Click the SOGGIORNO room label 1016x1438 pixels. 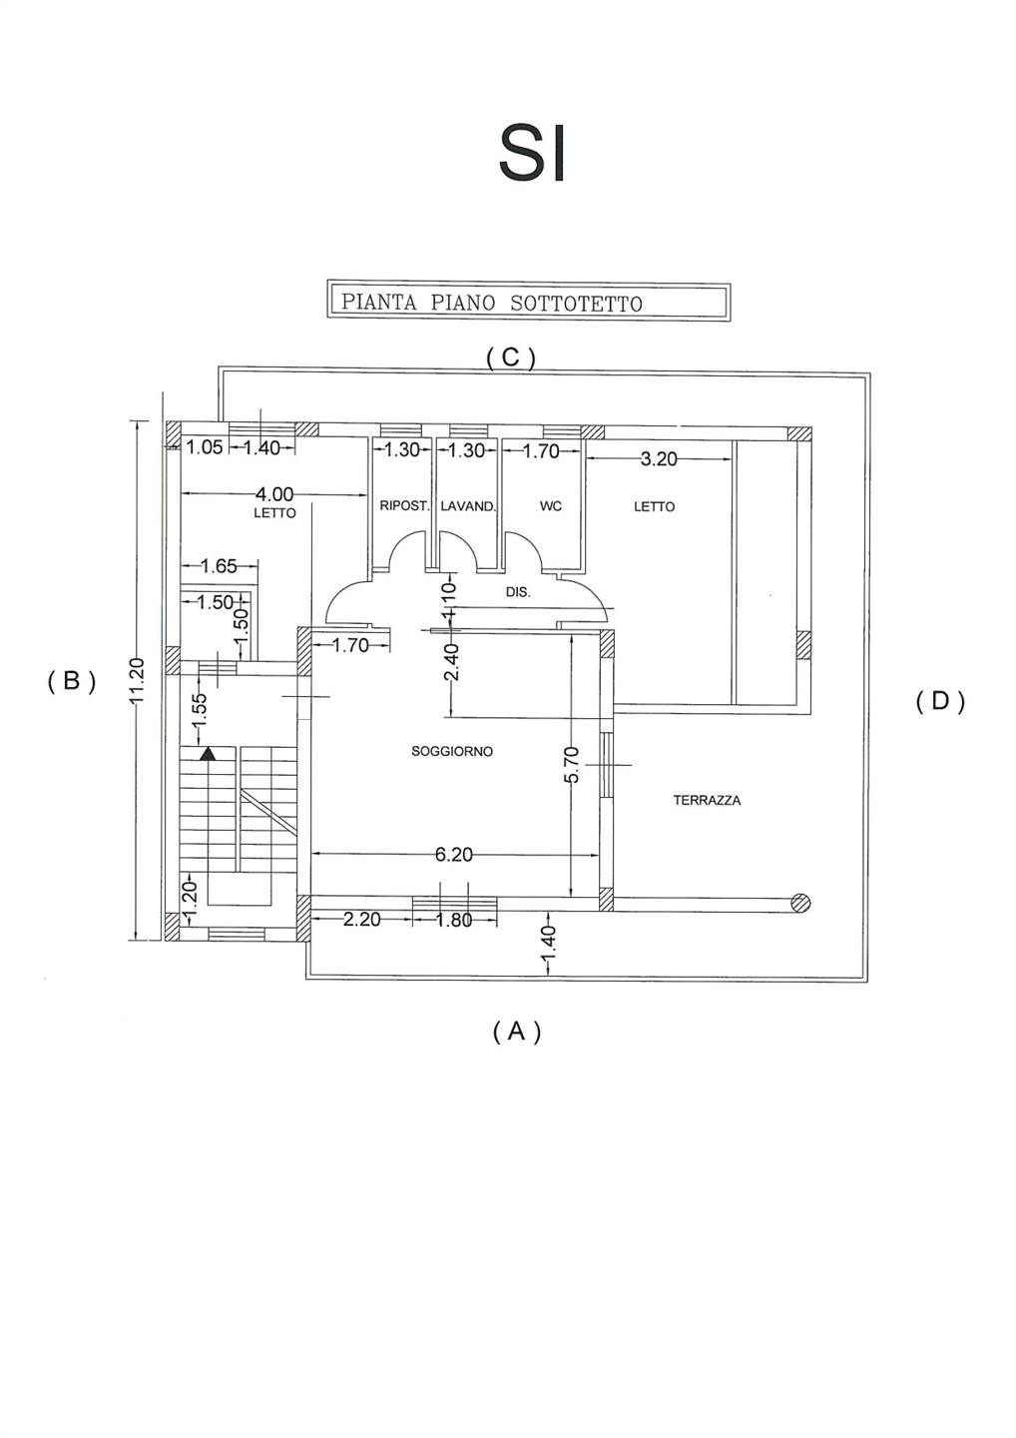[x=452, y=751]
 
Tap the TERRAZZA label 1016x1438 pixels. [x=707, y=800]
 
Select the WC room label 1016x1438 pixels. [x=551, y=506]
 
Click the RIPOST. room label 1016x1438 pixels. [x=404, y=506]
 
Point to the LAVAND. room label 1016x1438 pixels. [x=468, y=506]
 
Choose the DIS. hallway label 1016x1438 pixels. [x=518, y=592]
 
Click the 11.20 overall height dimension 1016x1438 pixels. [x=138, y=680]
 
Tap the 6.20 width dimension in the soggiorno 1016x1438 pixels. [x=453, y=855]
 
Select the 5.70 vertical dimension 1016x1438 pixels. [x=571, y=765]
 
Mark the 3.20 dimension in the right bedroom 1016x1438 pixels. [x=659, y=459]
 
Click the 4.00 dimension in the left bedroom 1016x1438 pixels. [x=274, y=494]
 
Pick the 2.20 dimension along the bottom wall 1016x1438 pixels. [x=361, y=920]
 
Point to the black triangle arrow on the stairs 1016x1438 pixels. [x=208, y=755]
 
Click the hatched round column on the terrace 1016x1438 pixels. [x=799, y=903]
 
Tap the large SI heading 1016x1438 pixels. [x=533, y=153]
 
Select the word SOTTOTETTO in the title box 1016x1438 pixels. [x=576, y=303]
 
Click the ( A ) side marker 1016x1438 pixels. [x=517, y=1031]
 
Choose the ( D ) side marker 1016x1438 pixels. [x=940, y=701]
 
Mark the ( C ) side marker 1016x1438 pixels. [x=511, y=358]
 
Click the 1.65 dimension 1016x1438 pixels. [x=219, y=566]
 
